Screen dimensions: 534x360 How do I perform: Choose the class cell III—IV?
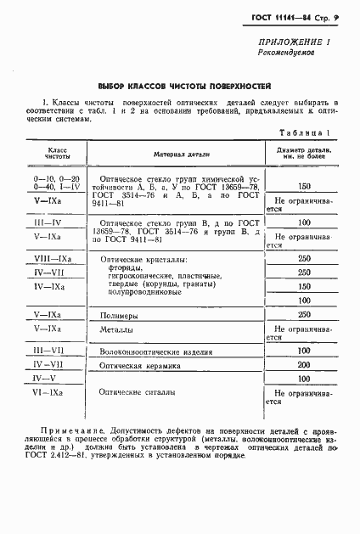point(48,222)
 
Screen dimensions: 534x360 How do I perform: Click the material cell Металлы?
point(117,329)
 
